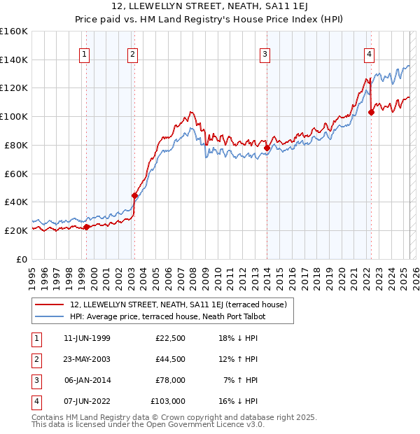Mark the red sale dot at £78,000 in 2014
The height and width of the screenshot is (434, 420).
point(267,148)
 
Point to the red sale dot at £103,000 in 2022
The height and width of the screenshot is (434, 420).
point(371,112)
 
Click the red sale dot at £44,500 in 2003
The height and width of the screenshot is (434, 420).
point(134,195)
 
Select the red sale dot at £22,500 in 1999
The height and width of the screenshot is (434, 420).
point(86,227)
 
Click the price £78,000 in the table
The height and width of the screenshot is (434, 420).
point(169,381)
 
